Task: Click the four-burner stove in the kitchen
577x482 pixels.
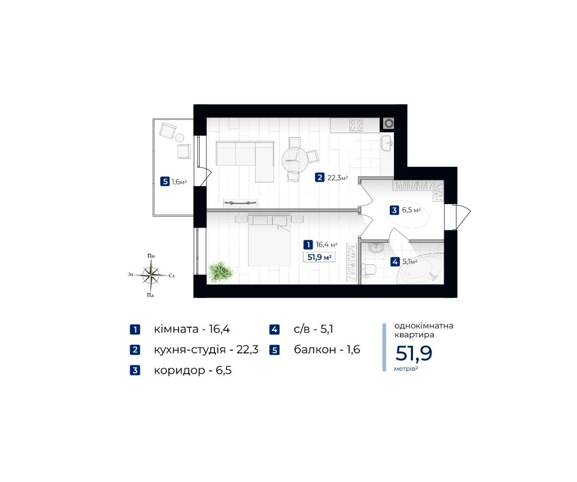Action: tap(356, 125)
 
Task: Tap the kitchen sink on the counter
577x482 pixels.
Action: tap(386, 143)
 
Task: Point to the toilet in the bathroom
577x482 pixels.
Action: tap(369, 269)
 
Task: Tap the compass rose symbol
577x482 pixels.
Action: tap(151, 274)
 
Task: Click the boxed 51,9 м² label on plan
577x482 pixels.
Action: tap(319, 257)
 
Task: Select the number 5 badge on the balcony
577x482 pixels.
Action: tap(165, 181)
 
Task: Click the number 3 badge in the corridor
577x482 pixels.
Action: tap(394, 210)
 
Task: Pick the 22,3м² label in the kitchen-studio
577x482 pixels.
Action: tap(338, 178)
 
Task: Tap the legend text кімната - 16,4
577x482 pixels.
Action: tap(192, 329)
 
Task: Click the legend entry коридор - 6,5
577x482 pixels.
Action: tap(193, 370)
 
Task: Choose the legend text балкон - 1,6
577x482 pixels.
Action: tap(327, 349)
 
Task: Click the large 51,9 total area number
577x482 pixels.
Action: tap(414, 353)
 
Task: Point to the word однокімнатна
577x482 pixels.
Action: tap(424, 326)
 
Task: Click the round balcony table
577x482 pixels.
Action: tap(180, 138)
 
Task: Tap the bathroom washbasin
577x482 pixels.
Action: tap(376, 247)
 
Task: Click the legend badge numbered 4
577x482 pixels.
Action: tap(274, 329)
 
